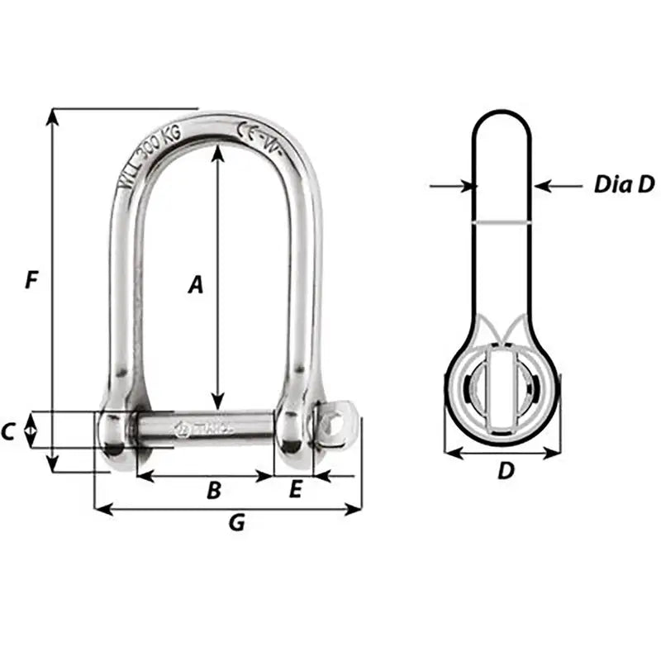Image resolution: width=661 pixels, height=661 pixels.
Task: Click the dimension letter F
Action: click(x=31, y=280)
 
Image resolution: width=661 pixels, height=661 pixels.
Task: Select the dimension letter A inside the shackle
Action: click(x=195, y=285)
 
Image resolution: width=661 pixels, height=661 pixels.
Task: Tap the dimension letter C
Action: click(x=9, y=431)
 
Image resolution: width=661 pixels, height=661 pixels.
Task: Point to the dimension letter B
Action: click(x=213, y=491)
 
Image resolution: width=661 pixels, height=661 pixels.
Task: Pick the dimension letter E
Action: click(x=295, y=490)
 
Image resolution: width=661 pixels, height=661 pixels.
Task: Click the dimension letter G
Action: click(x=236, y=522)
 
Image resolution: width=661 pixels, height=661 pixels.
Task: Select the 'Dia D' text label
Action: click(x=624, y=185)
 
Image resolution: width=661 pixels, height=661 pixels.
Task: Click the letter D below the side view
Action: click(x=506, y=471)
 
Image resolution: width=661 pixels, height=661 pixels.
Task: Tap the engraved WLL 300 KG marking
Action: click(x=156, y=155)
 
